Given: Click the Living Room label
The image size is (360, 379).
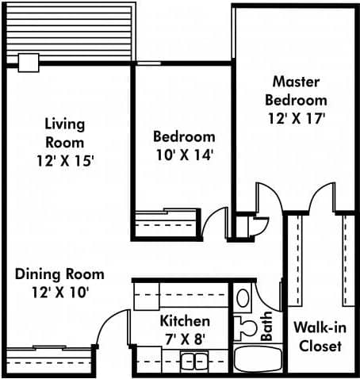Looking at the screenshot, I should click(64, 133).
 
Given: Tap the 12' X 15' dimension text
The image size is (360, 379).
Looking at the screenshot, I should click(64, 160).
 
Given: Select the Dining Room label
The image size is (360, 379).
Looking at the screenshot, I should click(59, 274).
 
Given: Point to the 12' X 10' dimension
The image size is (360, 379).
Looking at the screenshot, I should click(59, 292).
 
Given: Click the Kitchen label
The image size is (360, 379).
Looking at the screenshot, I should click(185, 321).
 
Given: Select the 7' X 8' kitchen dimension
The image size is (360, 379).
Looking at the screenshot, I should click(185, 339).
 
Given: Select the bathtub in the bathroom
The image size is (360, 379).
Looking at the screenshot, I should click(258, 358).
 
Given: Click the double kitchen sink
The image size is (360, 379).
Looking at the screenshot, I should click(191, 362).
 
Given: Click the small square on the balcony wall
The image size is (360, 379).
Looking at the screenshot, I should click(29, 62).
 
